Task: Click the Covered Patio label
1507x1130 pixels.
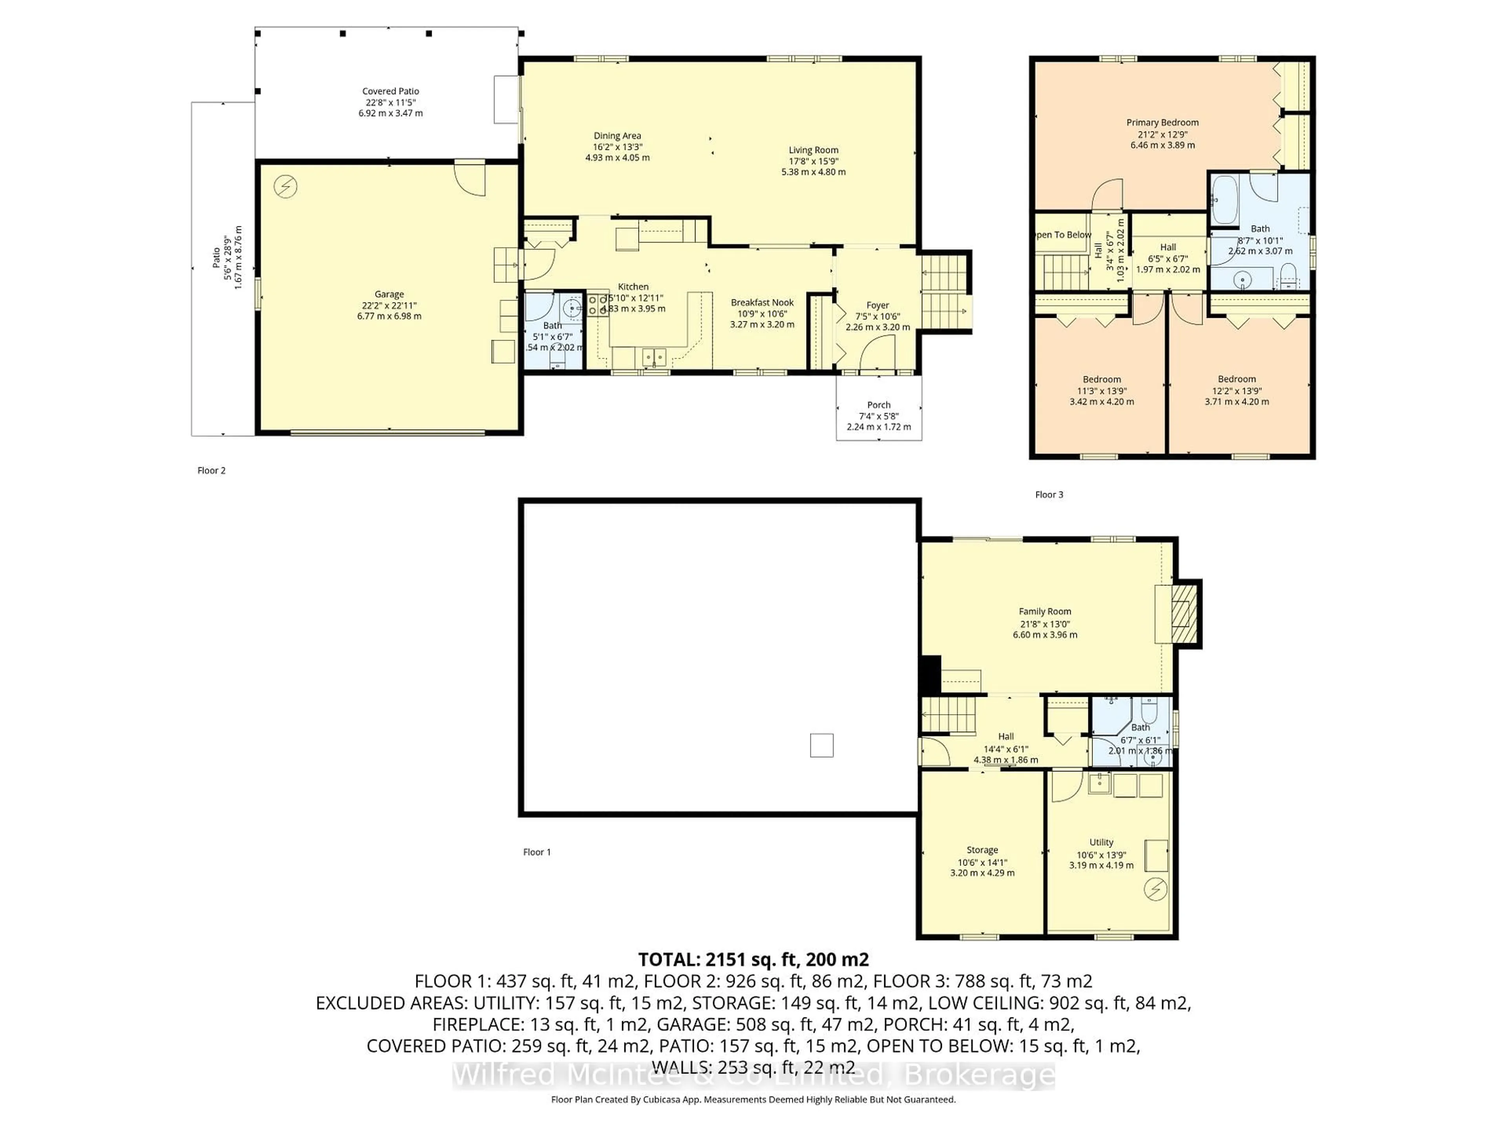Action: coord(390,91)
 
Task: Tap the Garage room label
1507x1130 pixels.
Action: coord(389,294)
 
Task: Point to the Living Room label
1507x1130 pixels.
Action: coord(814,150)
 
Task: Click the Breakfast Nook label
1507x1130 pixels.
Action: coord(762,303)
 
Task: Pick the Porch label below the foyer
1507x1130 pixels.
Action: coord(879,405)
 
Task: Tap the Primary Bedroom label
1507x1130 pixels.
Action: coord(1162,122)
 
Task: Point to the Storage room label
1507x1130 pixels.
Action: coord(982,850)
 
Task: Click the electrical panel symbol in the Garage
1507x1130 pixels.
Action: coord(285,187)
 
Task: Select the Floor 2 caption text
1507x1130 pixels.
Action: coord(211,471)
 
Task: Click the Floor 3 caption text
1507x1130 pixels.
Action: coord(1049,494)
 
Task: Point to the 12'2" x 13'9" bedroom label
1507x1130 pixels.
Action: coord(1237,379)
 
